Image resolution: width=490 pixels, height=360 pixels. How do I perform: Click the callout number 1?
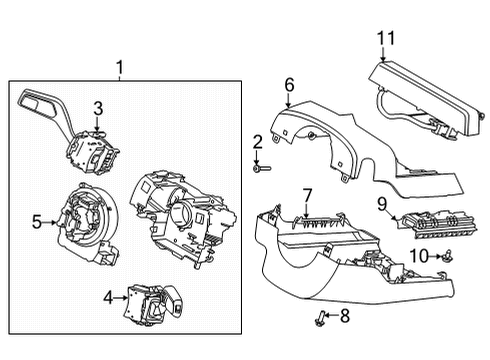pos(120,68)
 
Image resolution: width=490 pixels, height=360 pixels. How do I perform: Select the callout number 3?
pos(98,108)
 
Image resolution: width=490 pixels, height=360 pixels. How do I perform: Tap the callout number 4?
pos(108,297)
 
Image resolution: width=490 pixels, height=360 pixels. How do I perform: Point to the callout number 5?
pos(37,222)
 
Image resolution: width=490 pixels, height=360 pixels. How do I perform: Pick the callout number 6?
pos(288,86)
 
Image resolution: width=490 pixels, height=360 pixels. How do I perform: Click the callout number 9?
pos(382,206)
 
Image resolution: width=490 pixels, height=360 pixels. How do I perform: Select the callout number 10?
pos(419,257)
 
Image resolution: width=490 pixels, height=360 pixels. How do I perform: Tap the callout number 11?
pos(386,39)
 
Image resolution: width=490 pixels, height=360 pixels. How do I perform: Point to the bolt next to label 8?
pos(323,319)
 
